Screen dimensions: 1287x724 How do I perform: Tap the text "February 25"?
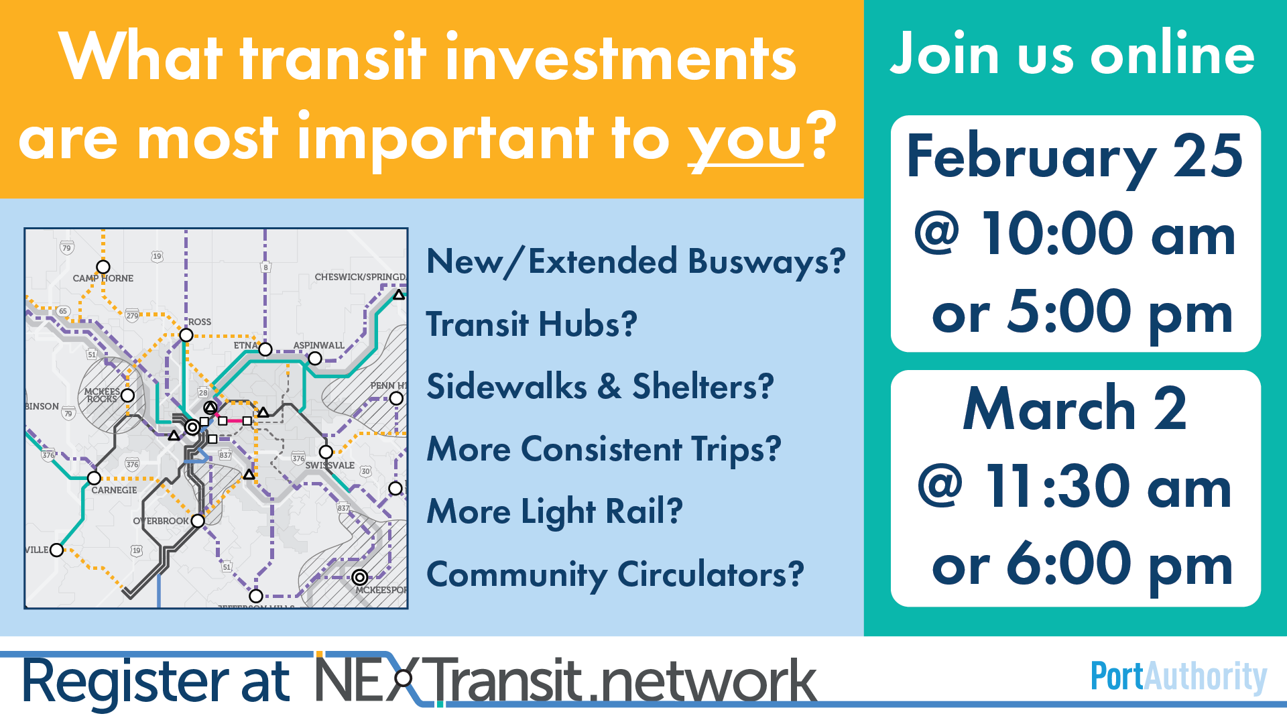tap(1075, 157)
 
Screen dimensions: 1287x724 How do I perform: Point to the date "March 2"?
tap(1075, 408)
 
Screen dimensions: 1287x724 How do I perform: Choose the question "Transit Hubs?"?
tap(532, 324)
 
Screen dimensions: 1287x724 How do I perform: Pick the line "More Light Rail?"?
tap(554, 511)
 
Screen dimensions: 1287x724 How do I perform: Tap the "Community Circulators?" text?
tap(615, 575)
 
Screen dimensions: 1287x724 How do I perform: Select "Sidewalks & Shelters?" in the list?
tap(600, 387)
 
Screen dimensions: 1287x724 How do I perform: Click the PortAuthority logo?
tap(1179, 677)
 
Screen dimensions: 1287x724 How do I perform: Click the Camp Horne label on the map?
tap(103, 278)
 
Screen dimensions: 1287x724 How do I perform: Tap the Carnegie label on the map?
tap(114, 490)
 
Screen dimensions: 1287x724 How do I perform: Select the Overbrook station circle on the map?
tap(198, 521)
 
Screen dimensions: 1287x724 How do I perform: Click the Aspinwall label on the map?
tap(318, 345)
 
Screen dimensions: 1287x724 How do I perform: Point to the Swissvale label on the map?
tap(330, 465)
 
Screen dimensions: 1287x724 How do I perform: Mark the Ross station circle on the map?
tap(186, 335)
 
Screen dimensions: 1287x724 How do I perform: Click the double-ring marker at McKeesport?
tap(360, 577)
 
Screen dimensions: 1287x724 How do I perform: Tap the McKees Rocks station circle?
tap(128, 396)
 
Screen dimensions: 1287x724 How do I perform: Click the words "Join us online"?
tap(1072, 54)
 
